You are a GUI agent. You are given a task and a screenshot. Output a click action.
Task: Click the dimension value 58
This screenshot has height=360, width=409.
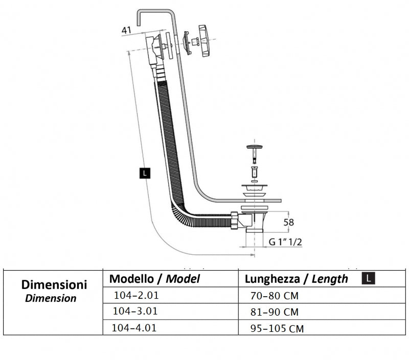(289, 223)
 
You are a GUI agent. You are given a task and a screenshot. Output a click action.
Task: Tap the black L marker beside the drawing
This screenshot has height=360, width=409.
(145, 173)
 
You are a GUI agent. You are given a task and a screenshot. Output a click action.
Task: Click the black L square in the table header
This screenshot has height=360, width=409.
(368, 278)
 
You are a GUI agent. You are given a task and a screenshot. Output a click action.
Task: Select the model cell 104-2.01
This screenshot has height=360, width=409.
(133, 295)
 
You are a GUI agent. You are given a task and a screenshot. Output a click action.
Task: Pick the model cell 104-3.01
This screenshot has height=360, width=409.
(134, 311)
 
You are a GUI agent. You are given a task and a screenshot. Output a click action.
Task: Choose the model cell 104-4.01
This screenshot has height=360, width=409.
(134, 327)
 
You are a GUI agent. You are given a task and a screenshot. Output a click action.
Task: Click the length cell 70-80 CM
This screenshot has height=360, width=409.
(275, 296)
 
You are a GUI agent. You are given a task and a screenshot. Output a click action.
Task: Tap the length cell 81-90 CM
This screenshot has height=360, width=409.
(275, 311)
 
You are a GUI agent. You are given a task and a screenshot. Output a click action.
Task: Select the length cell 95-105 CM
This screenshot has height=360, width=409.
(277, 328)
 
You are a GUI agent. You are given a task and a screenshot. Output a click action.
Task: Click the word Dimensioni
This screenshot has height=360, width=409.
(54, 285)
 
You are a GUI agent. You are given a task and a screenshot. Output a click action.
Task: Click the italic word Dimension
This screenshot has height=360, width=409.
(51, 298)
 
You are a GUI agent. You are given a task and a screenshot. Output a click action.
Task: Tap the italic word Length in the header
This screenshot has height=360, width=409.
(330, 279)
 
